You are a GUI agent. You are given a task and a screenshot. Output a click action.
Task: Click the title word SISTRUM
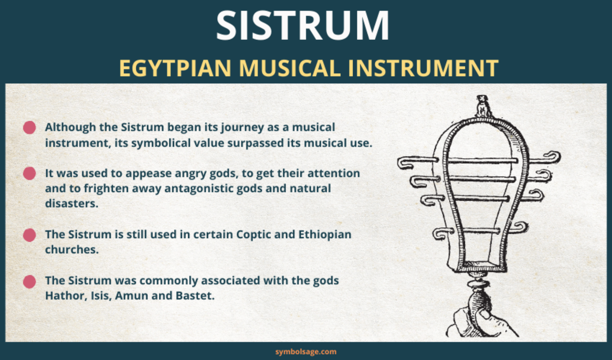[x=303, y=26]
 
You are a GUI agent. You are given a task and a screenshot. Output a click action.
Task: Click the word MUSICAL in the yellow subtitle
[x=289, y=68]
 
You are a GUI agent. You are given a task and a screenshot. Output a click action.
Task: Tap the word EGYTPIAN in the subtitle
[x=175, y=68]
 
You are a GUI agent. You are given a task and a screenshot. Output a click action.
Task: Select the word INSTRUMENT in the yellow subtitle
[x=423, y=68]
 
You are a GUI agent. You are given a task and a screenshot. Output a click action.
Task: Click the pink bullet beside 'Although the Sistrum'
[x=29, y=128]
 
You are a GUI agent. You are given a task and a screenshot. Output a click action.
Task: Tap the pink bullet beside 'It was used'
[x=29, y=174]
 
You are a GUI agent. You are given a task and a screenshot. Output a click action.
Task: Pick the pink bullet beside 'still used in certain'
[x=29, y=235]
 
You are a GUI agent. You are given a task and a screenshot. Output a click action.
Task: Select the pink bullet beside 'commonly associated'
[x=29, y=281]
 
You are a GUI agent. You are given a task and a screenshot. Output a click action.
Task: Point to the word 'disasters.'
[x=71, y=203]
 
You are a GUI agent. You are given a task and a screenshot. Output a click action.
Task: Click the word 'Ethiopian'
[x=325, y=234]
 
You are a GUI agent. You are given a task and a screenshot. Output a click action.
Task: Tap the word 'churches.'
[x=71, y=250]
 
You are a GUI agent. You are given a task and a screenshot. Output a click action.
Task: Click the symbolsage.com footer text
[x=306, y=352]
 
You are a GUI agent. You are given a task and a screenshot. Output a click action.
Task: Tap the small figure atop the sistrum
[x=483, y=106]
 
